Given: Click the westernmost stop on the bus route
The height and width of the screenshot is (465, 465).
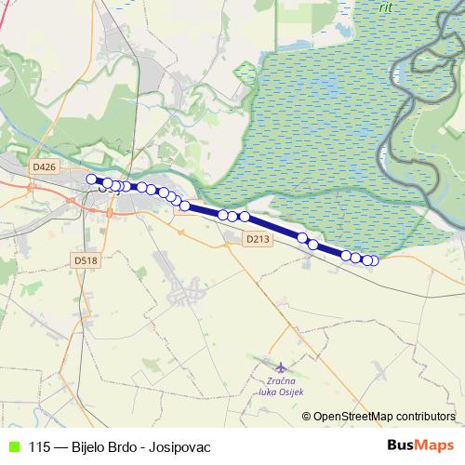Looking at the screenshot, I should coord(91,179).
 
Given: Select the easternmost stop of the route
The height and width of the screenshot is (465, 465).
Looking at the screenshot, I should coord(374,260).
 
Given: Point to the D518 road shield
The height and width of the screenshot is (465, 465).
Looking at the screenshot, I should coord(84,260).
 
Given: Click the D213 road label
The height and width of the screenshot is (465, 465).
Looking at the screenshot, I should coord(259,239).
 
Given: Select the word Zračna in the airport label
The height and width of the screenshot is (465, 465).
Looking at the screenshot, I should coord(280,381).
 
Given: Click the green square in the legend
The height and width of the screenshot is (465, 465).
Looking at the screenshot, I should coord(12,445).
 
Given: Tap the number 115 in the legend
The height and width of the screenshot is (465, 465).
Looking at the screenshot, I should coord(40,445).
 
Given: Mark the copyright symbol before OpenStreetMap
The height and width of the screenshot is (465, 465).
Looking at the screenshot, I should coord(307,416).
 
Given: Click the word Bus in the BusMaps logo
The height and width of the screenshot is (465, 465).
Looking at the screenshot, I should coord(402,445).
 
